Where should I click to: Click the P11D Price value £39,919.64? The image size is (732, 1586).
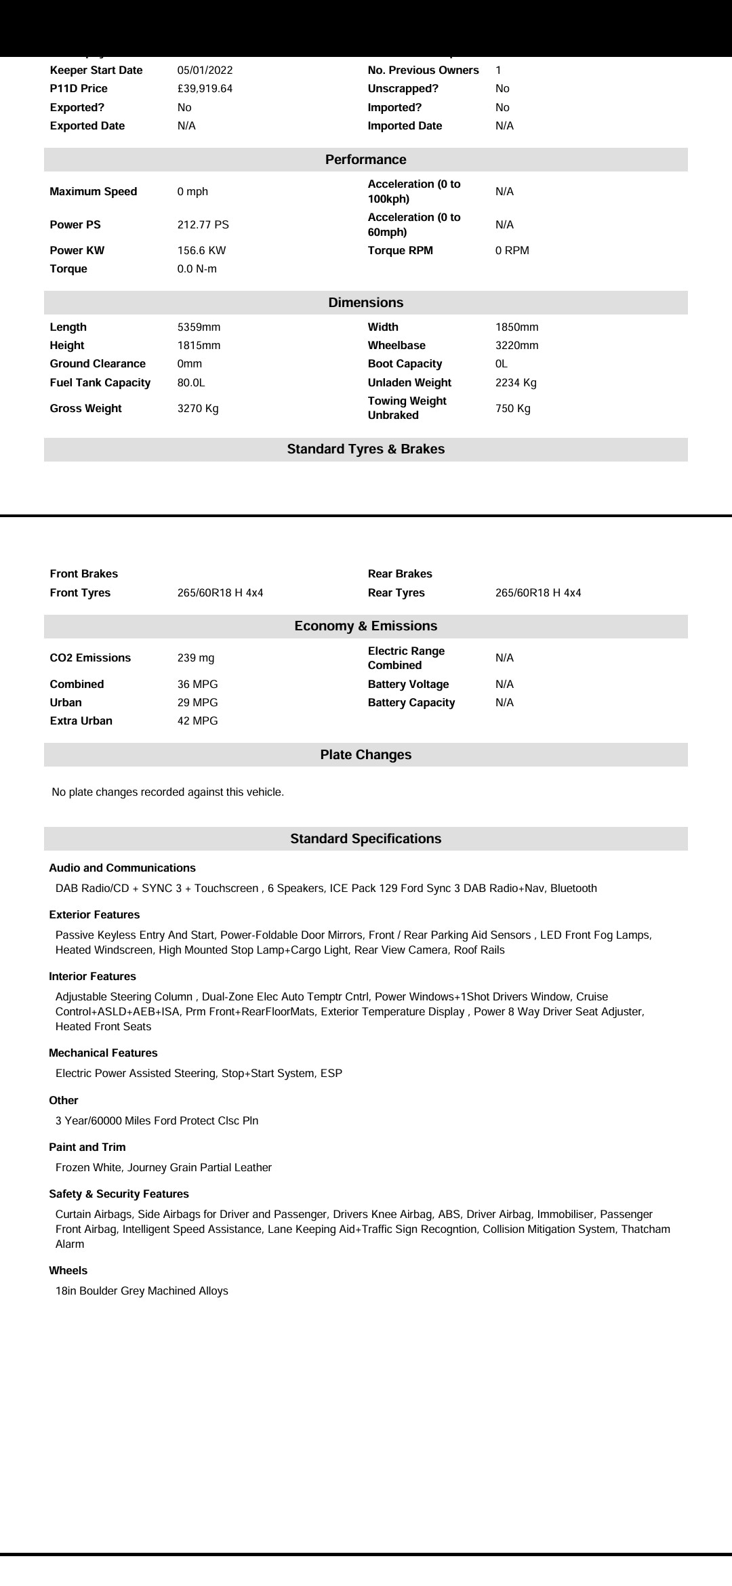205,89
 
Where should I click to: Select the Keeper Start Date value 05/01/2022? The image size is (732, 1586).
205,70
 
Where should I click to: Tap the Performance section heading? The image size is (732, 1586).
365,160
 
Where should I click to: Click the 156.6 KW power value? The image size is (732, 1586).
201,251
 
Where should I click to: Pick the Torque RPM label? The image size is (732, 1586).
400,251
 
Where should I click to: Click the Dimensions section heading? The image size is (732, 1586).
365,303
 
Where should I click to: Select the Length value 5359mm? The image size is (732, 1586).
199,327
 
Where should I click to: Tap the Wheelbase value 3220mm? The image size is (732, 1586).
516,346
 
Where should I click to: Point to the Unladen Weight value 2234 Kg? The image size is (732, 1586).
516,383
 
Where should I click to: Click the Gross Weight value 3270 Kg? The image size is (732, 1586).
198,409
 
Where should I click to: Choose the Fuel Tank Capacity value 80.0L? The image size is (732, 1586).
191,383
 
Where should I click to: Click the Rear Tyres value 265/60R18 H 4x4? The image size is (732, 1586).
538,593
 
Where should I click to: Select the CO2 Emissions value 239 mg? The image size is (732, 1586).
196,658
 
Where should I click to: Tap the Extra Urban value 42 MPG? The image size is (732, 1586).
197,721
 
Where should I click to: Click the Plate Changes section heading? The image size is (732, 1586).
365,755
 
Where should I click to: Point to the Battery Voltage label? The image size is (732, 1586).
408,685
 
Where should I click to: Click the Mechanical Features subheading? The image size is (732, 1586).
103,1053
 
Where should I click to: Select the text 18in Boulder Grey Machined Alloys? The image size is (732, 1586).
142,1291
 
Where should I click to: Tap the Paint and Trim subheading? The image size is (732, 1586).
87,1147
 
